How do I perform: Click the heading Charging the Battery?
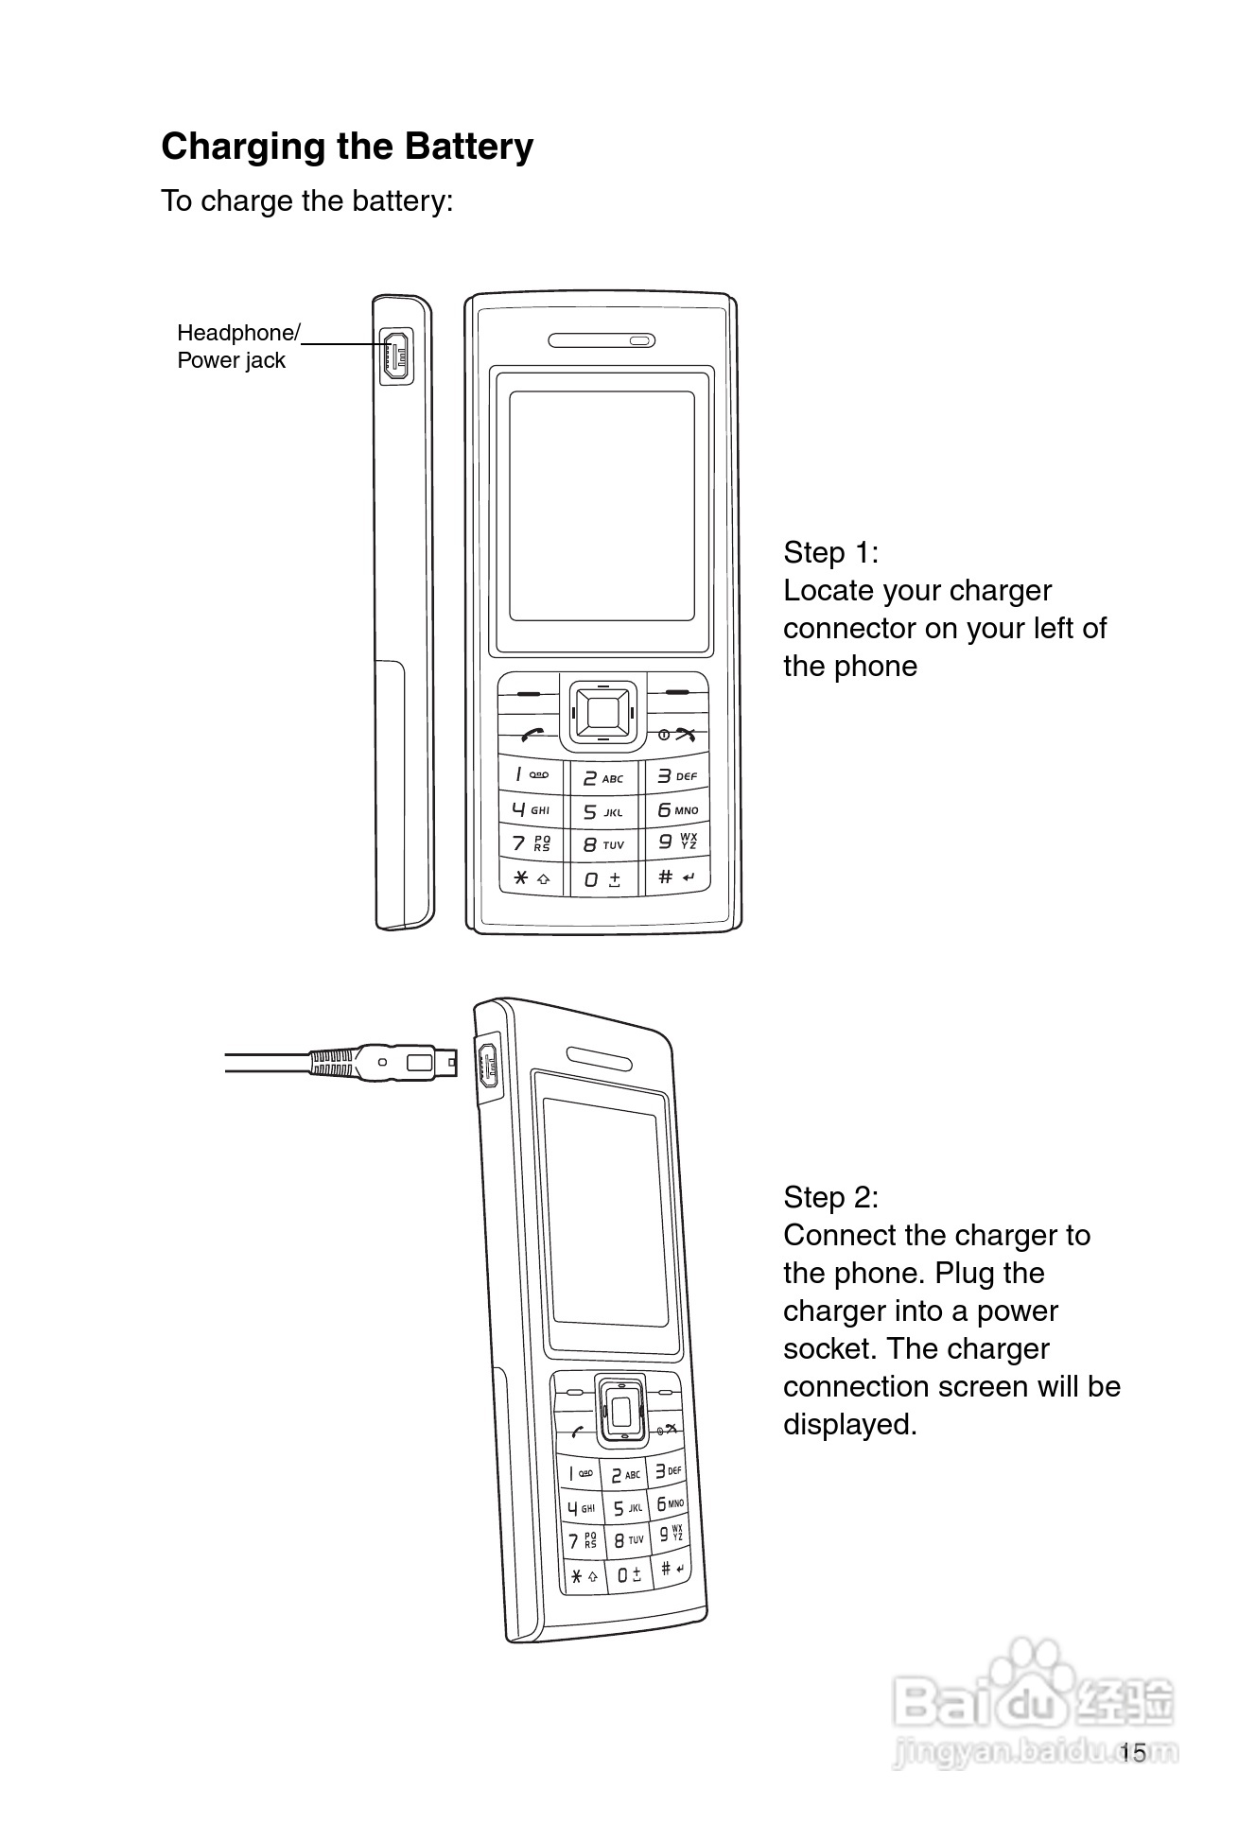[347, 147]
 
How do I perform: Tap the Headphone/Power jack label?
[236, 346]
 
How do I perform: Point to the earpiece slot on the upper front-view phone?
[601, 340]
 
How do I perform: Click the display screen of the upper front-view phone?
[602, 506]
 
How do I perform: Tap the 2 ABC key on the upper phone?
[602, 778]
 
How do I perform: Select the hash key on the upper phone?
[676, 877]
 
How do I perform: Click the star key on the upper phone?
[531, 878]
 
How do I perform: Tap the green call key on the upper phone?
[532, 735]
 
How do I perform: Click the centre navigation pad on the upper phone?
[602, 709]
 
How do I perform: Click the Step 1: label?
[830, 552]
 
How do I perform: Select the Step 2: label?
[830, 1197]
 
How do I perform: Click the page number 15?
[1132, 1753]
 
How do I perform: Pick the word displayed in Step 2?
[849, 1424]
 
